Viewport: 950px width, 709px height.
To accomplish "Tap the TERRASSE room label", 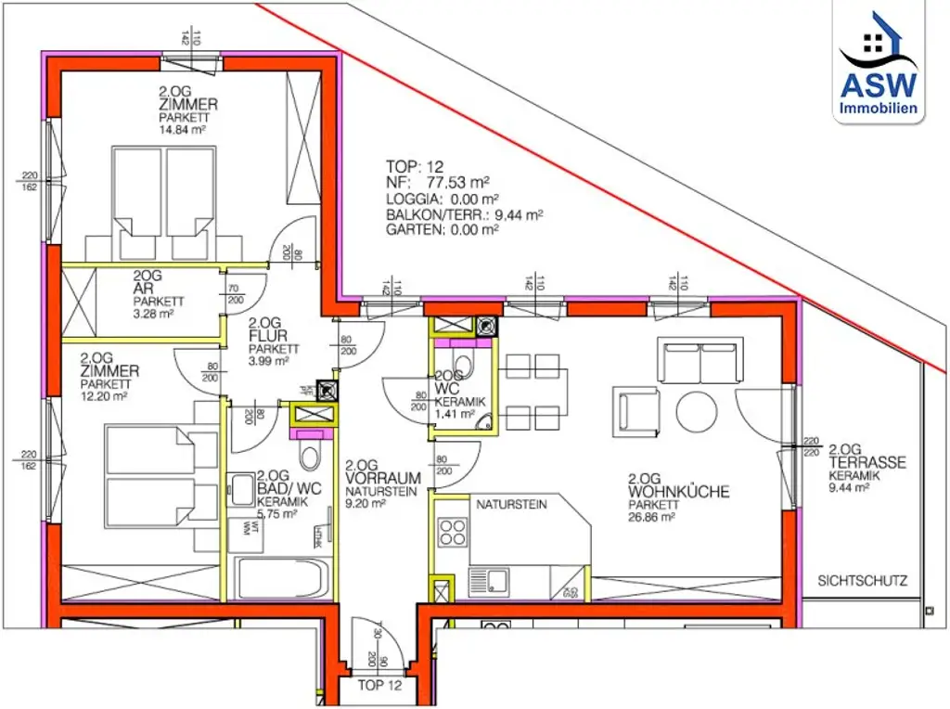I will click(x=867, y=463).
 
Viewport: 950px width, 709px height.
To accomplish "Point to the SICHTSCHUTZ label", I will click(x=862, y=582).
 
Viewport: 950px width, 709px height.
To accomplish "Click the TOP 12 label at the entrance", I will click(x=380, y=687).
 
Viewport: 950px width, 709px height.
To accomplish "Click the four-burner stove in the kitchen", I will click(x=452, y=533).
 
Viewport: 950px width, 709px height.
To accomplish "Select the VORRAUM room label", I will click(x=383, y=478).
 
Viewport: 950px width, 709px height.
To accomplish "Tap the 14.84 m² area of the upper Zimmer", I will click(x=182, y=131).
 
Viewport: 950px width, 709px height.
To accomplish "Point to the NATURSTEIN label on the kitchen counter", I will click(x=511, y=506).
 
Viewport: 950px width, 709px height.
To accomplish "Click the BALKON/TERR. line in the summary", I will click(x=464, y=213).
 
